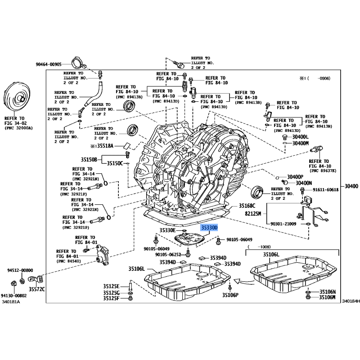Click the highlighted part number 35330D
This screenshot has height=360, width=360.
pyautogui.click(x=209, y=228)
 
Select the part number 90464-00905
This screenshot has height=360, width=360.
pyautogui.click(x=49, y=64)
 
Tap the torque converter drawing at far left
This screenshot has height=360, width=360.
pyautogui.click(x=17, y=97)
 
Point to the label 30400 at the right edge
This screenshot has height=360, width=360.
pyautogui.click(x=351, y=186)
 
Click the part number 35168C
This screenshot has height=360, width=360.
pyautogui.click(x=247, y=206)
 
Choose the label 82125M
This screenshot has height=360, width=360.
pyautogui.click(x=253, y=213)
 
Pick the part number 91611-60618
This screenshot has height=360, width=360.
pyautogui.click(x=325, y=189)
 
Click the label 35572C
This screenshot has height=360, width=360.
pyautogui.click(x=37, y=289)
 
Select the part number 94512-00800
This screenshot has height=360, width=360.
pyautogui.click(x=20, y=270)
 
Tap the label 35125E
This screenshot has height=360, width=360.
pyautogui.click(x=111, y=286)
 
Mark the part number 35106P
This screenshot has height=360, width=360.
pyautogui.click(x=230, y=295)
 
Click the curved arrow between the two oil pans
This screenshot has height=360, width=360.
pyautogui.click(x=244, y=282)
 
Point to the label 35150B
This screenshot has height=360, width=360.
pyautogui.click(x=89, y=159)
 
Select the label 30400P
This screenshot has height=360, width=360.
pyautogui.click(x=295, y=177)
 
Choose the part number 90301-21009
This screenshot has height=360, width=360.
pyautogui.click(x=283, y=224)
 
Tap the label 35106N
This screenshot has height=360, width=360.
pyautogui.click(x=328, y=292)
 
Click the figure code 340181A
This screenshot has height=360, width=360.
pyautogui.click(x=11, y=301)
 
